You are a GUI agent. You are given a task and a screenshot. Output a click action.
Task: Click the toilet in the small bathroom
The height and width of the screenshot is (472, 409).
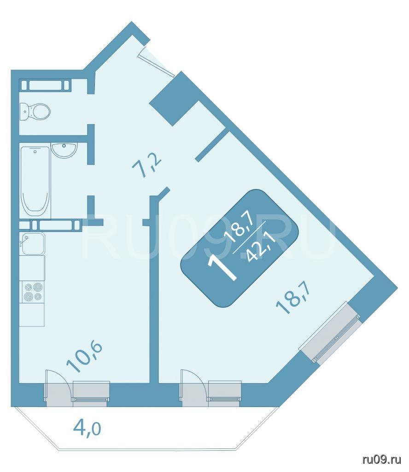35,112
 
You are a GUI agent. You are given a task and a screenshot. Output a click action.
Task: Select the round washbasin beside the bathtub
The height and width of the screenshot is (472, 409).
64,150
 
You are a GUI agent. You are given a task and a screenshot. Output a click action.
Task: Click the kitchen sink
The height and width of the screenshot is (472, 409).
33,243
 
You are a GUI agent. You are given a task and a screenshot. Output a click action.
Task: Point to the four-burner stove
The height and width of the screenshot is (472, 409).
33,292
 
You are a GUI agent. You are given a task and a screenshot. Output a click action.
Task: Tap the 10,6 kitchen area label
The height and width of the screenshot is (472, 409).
84,357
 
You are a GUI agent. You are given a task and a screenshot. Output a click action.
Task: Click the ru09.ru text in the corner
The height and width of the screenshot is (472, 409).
382,460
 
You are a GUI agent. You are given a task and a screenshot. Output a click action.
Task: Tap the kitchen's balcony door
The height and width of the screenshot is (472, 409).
58,388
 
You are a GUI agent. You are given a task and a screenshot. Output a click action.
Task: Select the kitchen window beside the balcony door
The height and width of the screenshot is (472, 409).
91,391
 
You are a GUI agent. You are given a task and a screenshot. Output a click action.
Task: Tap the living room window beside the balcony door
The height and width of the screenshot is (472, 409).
225,391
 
